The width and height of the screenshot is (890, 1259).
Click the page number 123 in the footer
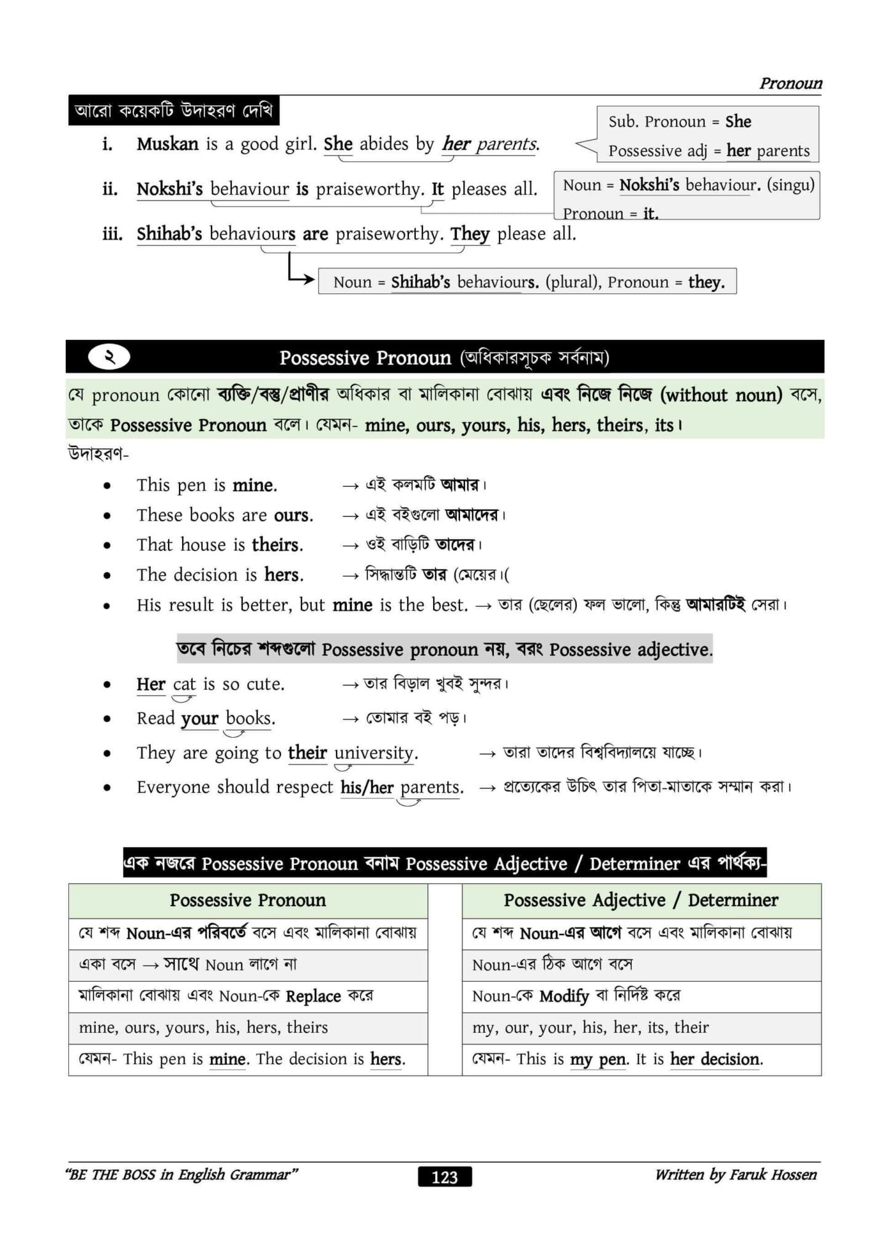point(445,1177)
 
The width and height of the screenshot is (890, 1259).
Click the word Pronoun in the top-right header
point(790,83)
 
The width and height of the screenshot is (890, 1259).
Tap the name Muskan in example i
point(167,144)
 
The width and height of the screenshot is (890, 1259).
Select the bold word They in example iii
point(470,234)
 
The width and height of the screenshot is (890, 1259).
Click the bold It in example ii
point(437,189)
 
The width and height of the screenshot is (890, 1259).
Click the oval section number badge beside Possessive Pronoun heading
point(109,357)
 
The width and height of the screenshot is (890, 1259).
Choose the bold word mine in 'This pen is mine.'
point(254,485)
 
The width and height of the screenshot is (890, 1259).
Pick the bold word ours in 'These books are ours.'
point(293,515)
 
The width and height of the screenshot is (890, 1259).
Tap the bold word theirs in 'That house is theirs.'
point(277,545)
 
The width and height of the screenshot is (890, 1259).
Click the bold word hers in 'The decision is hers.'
point(284,575)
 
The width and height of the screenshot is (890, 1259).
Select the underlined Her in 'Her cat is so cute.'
point(151,684)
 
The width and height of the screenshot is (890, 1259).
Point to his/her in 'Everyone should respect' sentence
point(367,787)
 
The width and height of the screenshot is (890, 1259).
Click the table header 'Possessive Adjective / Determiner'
point(641,900)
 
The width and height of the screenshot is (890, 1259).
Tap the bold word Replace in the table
point(313,996)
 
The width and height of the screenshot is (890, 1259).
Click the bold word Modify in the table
point(564,996)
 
